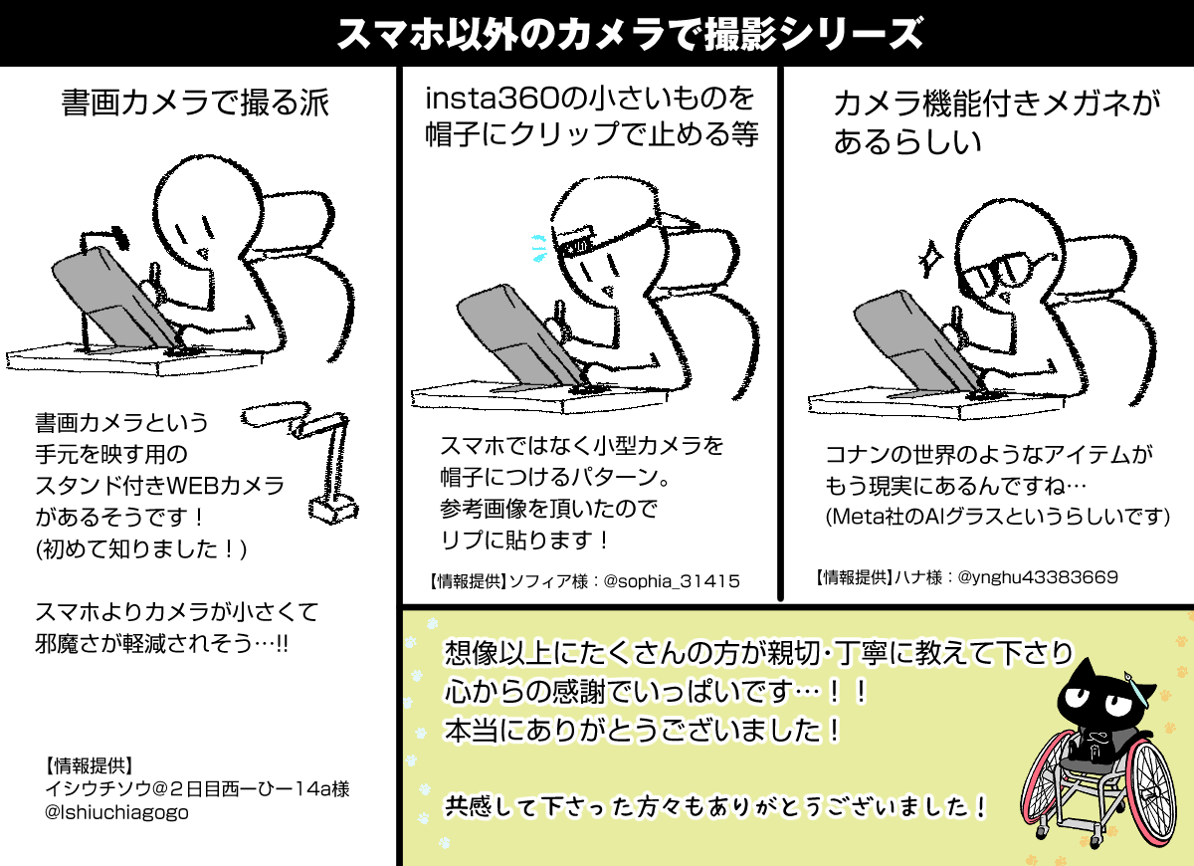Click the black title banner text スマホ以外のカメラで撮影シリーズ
point(629,34)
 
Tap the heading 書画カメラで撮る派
point(195,103)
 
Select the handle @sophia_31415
point(671,580)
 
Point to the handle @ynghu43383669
point(1037,577)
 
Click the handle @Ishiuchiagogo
point(116,812)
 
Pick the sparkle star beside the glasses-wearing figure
point(930,259)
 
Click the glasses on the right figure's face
point(1002,271)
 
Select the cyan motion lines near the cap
point(539,249)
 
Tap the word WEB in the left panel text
point(192,486)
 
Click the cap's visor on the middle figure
point(677,223)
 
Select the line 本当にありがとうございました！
point(643,730)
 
